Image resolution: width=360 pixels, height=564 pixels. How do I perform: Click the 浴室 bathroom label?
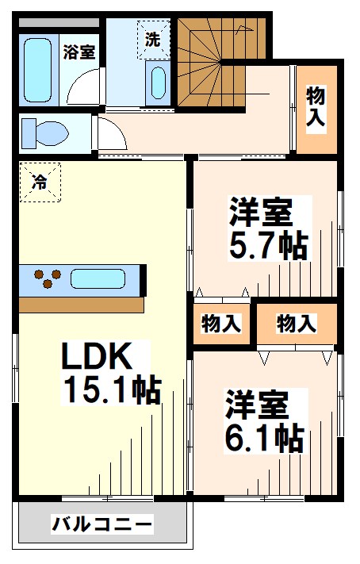[79, 52]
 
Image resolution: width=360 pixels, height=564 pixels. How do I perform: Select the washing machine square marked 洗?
[152, 39]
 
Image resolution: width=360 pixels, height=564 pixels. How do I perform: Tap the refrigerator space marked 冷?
[39, 182]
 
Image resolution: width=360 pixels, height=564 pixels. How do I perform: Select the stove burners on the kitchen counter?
[46, 279]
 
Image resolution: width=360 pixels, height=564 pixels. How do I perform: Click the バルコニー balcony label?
[101, 525]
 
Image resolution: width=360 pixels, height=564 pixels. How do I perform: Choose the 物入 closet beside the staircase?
[316, 109]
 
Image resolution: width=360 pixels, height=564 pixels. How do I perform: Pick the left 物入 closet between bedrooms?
[221, 324]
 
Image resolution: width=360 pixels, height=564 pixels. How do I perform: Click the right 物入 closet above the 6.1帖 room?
[297, 324]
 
